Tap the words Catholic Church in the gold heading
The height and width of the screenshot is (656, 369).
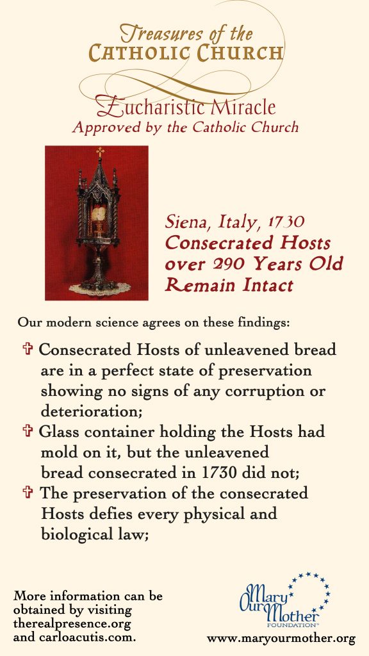tap(186, 53)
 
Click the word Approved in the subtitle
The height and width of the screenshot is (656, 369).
tap(102, 126)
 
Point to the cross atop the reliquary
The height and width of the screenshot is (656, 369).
tap(99, 151)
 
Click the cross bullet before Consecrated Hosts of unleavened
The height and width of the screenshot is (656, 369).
tap(28, 350)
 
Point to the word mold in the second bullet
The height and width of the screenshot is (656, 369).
tap(58, 452)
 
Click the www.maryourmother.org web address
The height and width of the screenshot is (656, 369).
tap(281, 638)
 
